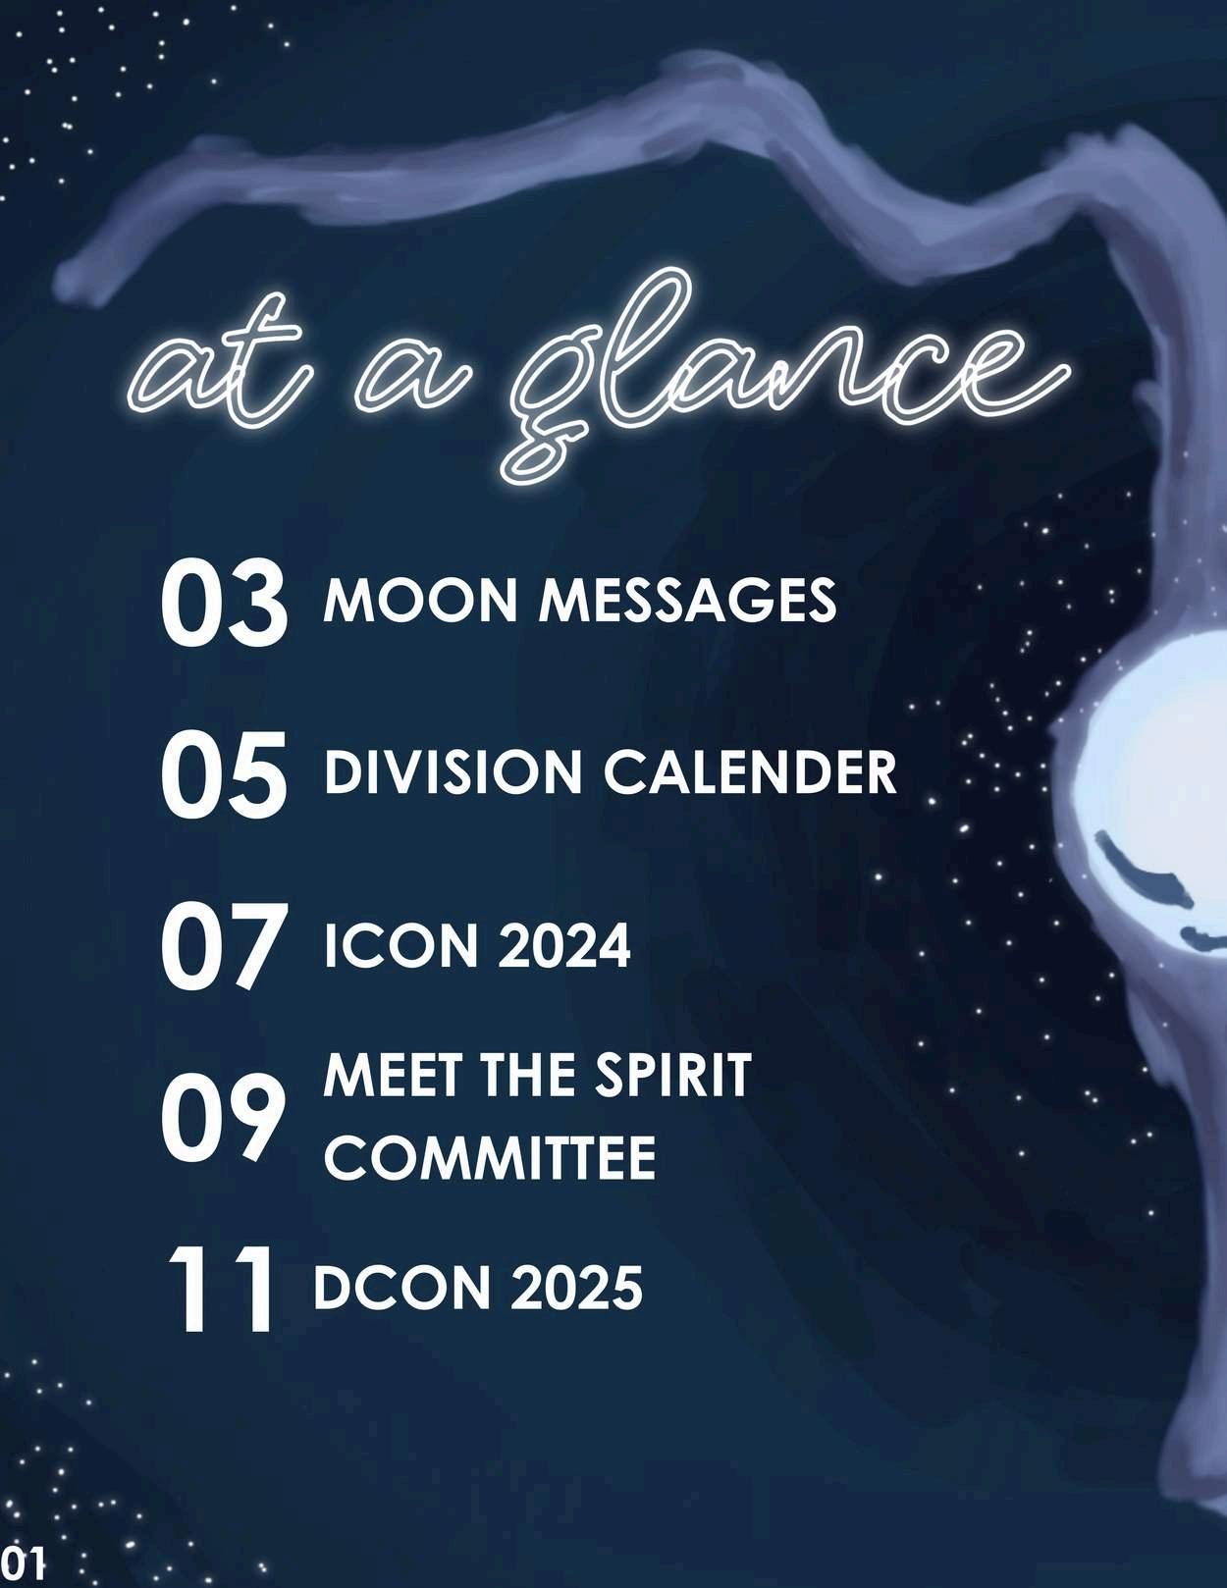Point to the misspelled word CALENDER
point(750,772)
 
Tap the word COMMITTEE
point(490,1157)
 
